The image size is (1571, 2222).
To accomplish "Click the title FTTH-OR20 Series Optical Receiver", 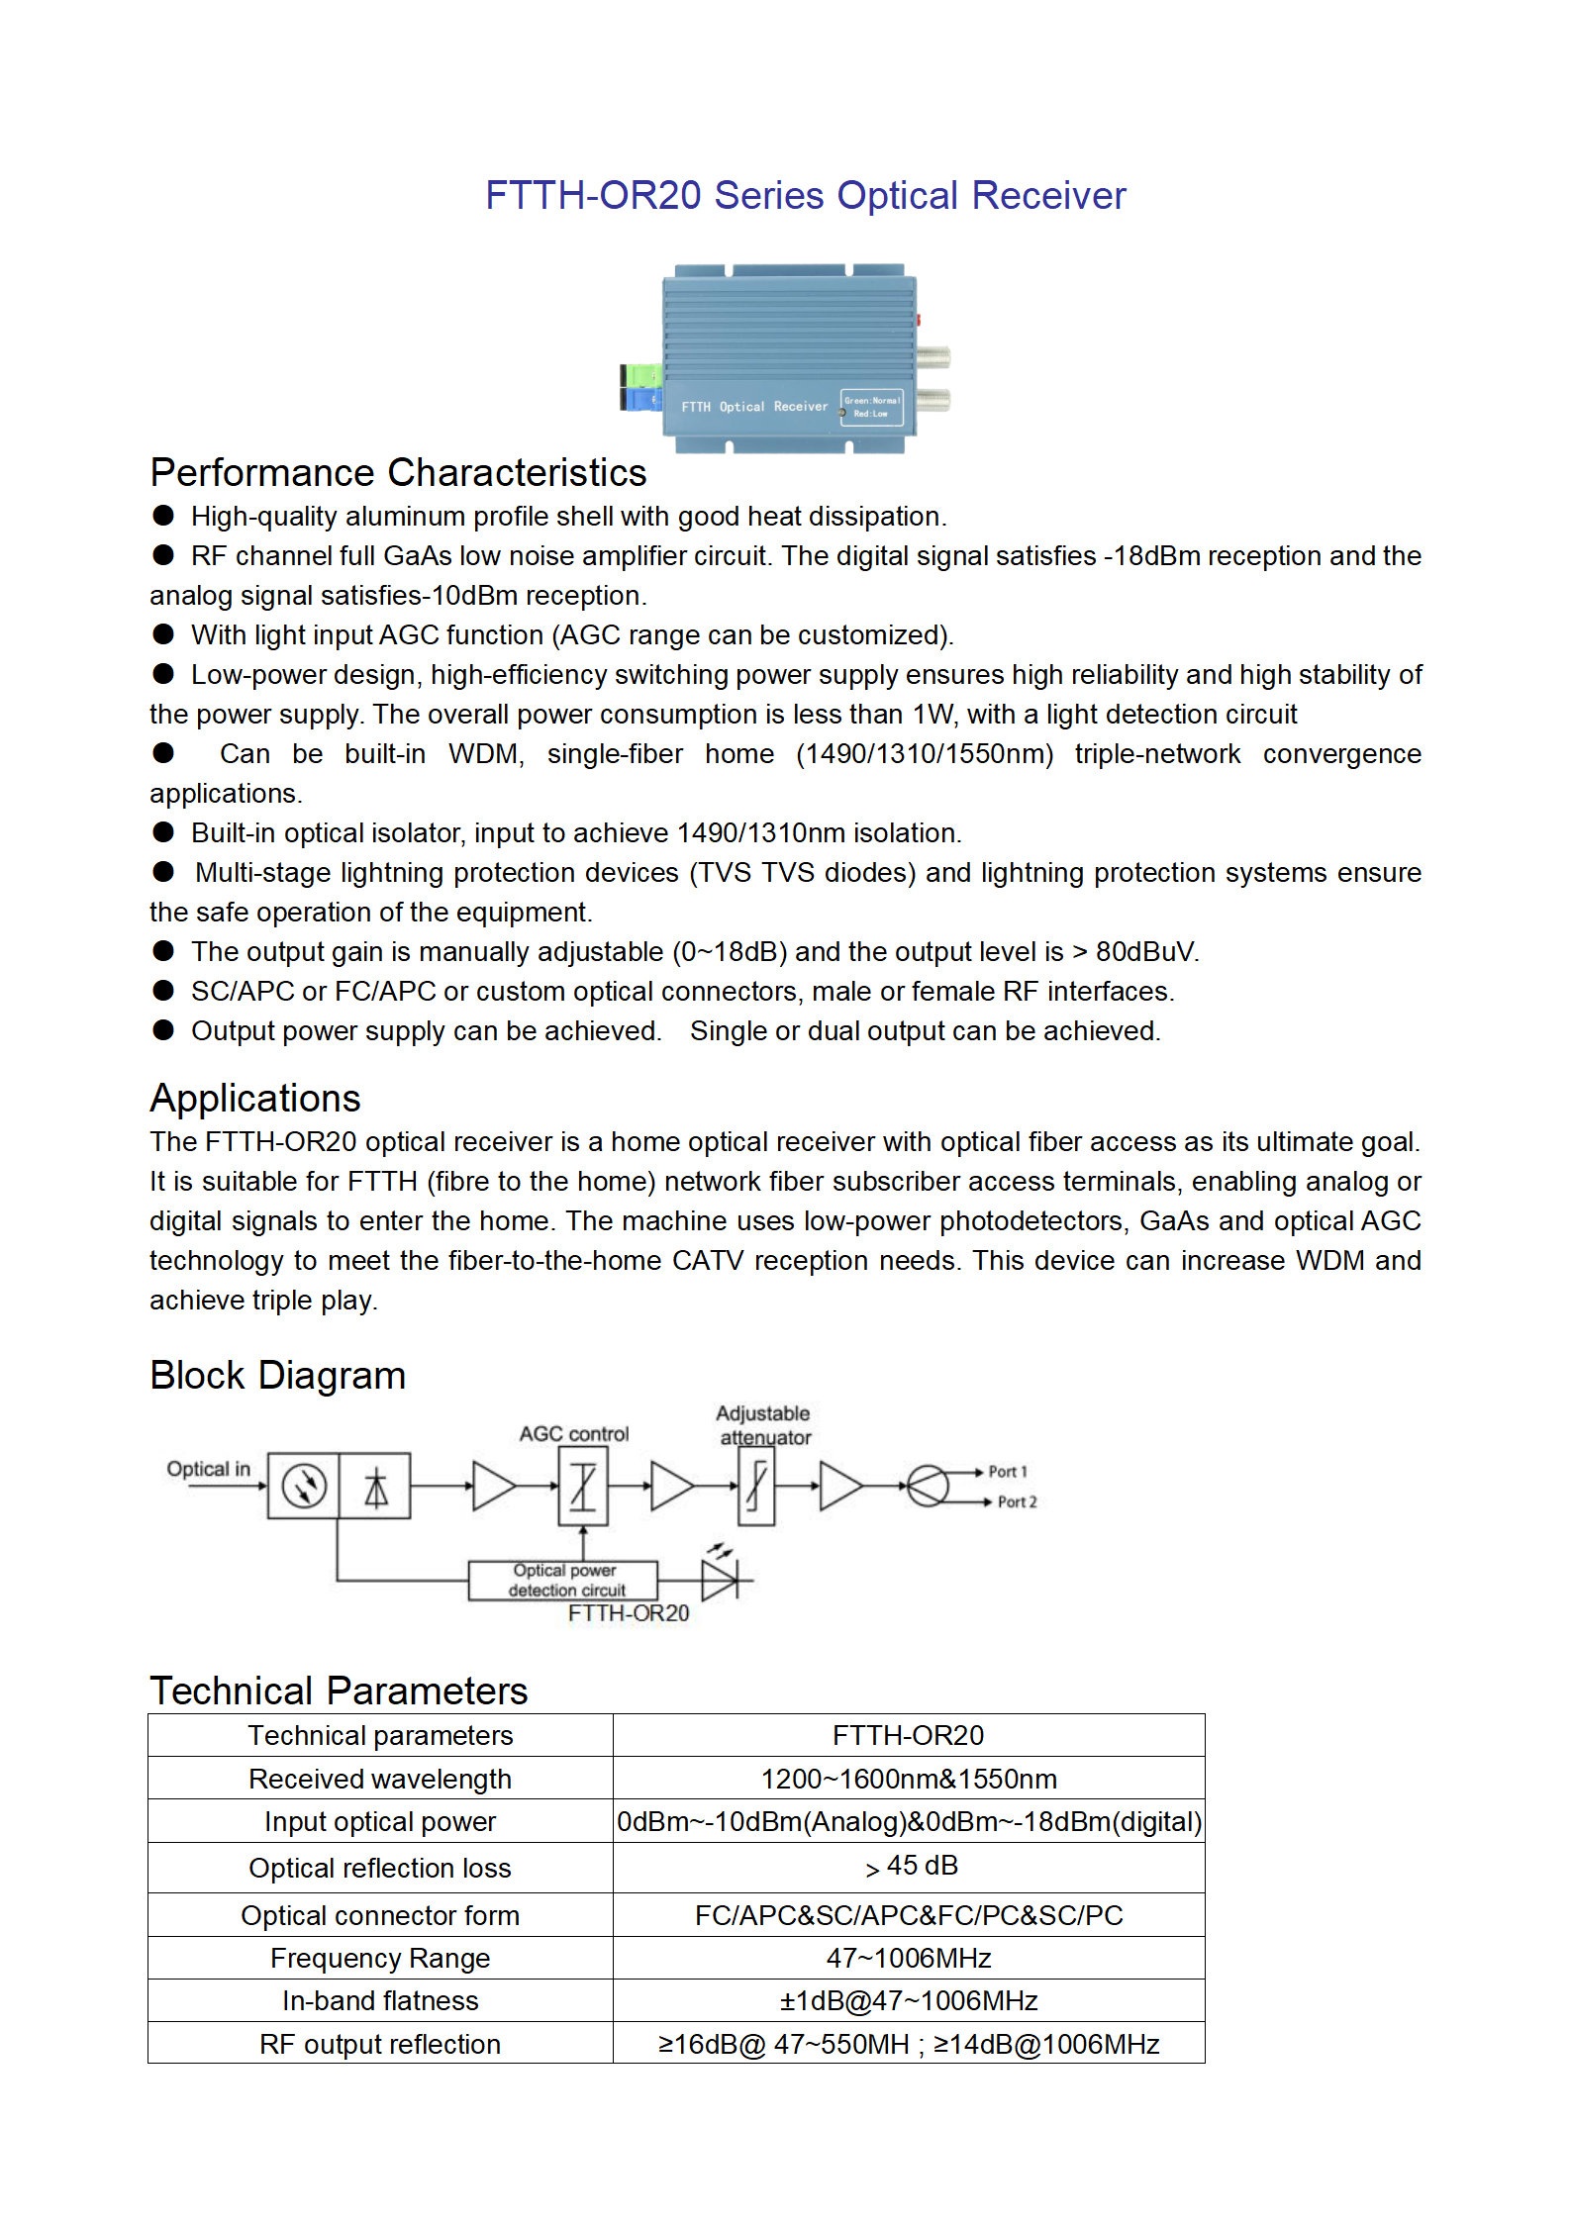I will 805,195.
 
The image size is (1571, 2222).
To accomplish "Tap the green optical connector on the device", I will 641,376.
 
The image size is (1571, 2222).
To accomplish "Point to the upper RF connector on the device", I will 933,357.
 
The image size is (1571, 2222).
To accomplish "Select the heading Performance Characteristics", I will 398,472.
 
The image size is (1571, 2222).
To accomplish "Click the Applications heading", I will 255,1098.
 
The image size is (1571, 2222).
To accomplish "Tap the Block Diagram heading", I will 278,1375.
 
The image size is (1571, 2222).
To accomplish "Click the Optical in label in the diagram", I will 208,1469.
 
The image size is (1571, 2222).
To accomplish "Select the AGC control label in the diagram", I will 573,1433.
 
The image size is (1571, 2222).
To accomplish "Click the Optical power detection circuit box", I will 563,1580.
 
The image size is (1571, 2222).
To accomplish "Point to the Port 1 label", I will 1008,1472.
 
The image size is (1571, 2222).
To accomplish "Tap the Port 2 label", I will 1017,1501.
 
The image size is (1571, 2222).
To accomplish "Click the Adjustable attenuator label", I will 763,1425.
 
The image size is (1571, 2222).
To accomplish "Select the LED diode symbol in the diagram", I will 720,1580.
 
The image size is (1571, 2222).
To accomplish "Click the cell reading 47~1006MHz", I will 908,1958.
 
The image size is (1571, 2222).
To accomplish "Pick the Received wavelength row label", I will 380,1779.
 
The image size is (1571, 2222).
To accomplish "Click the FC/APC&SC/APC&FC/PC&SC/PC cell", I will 908,1915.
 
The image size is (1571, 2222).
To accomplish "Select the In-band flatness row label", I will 380,2000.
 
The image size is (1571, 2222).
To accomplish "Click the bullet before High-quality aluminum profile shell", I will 163,516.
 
